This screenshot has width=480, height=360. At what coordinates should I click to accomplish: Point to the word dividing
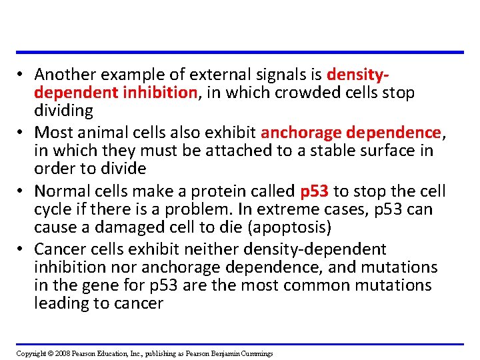coord(63,110)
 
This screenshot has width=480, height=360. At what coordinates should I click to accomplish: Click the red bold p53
coord(314,191)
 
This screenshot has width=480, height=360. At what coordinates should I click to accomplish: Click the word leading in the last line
coord(61,304)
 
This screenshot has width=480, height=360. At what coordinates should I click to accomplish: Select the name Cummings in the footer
coord(255,353)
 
